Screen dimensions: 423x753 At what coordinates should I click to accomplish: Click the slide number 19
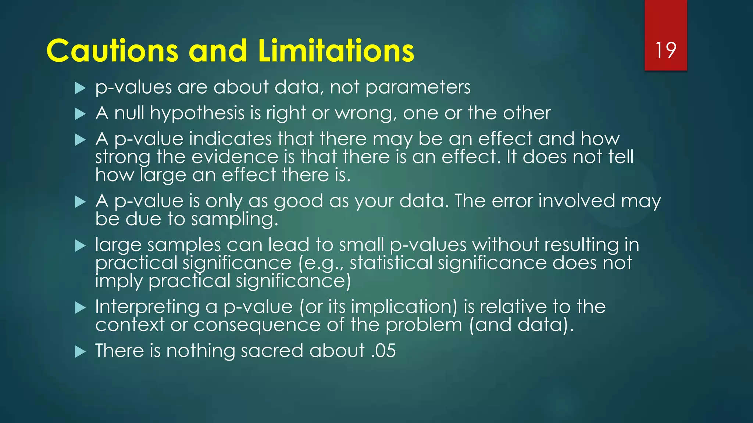click(665, 50)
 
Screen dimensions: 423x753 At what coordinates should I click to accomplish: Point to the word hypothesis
click(197, 113)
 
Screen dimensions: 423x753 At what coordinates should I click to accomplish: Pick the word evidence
click(235, 157)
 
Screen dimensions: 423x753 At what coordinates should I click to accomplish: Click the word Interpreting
click(147, 307)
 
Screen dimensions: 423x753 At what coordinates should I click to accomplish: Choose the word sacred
click(272, 351)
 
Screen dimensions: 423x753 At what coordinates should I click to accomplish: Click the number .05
click(383, 351)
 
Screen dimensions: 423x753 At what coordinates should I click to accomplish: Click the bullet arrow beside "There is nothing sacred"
click(80, 351)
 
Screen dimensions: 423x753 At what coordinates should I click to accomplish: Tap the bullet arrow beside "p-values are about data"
click(80, 88)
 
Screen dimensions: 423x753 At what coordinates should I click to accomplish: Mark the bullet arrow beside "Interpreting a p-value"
click(80, 308)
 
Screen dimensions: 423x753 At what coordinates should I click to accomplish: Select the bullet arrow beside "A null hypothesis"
click(80, 114)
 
